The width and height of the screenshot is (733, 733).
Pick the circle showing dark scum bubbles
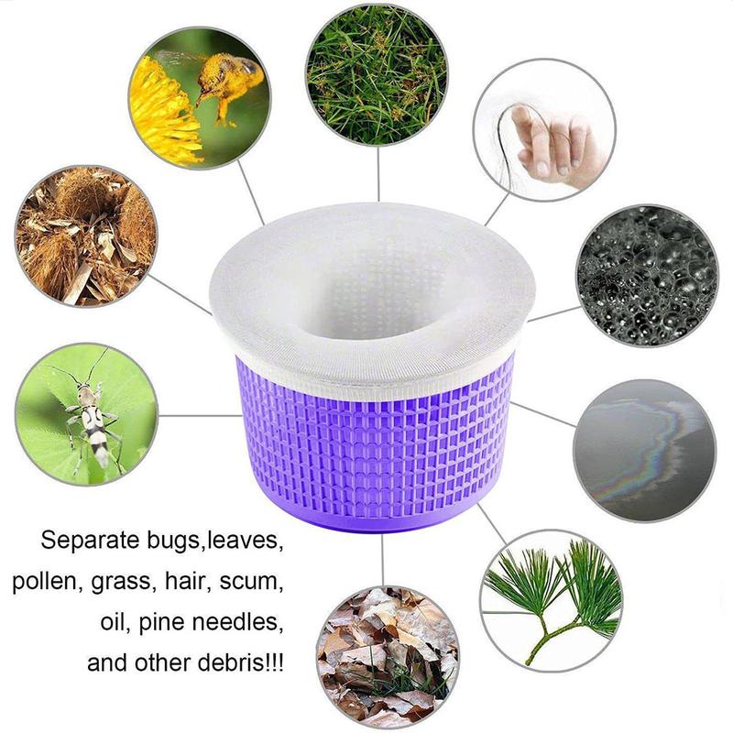point(646,274)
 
